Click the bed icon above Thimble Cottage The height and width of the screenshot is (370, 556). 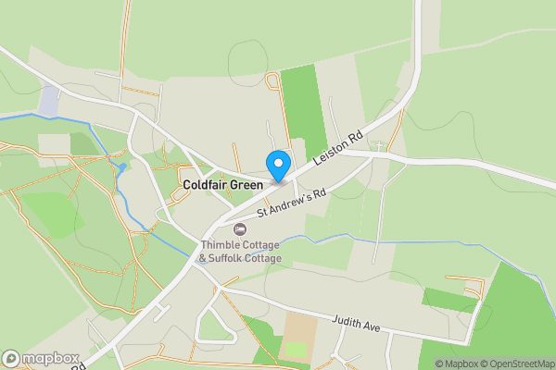click(x=241, y=228)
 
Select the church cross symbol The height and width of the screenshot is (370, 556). click(x=378, y=146)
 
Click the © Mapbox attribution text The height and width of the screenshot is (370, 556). click(x=456, y=364)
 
